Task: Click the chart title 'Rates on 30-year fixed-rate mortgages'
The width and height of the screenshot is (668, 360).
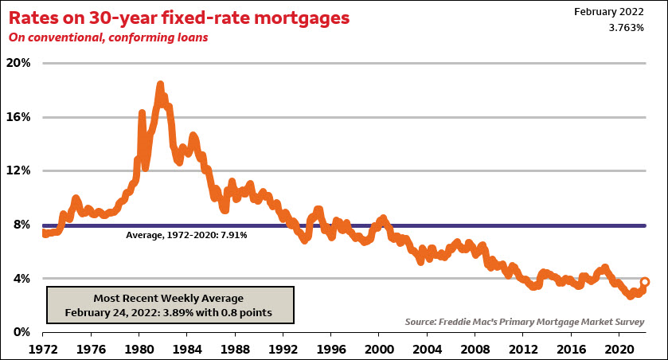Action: click(180, 18)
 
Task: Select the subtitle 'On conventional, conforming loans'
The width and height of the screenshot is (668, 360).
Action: click(108, 37)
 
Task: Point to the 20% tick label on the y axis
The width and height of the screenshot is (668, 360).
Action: click(19, 63)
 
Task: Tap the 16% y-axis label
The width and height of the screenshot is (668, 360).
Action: click(19, 117)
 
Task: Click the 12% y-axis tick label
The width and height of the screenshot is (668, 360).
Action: click(19, 170)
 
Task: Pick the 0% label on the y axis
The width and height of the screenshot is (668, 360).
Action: click(22, 332)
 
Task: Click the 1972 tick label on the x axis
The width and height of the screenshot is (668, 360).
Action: click(44, 348)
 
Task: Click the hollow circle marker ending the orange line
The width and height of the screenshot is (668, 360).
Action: click(645, 282)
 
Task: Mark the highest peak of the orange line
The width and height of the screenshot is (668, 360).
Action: click(160, 84)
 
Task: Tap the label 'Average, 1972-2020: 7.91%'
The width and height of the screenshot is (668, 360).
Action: click(187, 236)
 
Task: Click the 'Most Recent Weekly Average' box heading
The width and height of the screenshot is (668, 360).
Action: click(169, 297)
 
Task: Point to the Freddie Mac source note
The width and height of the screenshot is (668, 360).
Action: click(524, 321)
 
